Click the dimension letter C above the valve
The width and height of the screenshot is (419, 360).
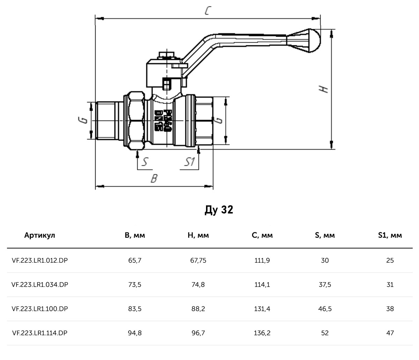pos(207,11)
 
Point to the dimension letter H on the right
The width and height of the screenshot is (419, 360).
pos(325,89)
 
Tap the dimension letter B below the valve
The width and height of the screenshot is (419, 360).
pos(154,179)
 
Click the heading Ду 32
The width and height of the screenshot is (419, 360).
pos(219,210)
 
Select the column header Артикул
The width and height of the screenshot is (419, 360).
pos(40,235)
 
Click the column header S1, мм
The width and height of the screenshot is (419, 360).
pos(390,235)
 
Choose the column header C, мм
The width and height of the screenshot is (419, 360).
pos(262,235)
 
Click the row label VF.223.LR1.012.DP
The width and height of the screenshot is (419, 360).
pos(39,260)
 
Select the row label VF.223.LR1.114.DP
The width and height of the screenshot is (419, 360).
pos(39,333)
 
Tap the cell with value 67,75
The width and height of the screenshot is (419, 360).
pos(198,260)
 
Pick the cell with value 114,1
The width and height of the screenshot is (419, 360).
pos(262,285)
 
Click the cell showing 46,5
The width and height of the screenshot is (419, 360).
pos(325,309)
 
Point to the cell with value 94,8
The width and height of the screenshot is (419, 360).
pos(135,333)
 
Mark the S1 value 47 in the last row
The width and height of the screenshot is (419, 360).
pos(390,333)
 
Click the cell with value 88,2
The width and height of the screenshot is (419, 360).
pos(198,309)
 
